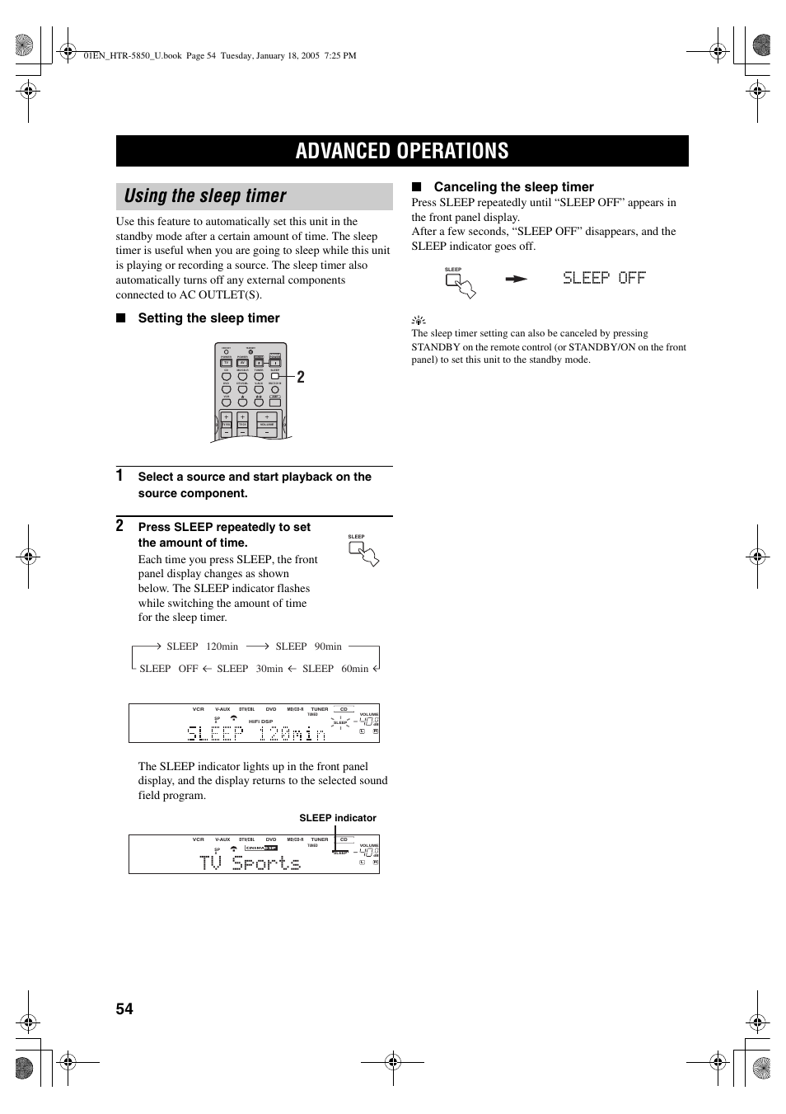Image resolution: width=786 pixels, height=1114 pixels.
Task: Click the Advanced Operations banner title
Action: click(402, 151)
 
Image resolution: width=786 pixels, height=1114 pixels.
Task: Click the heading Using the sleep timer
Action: click(205, 196)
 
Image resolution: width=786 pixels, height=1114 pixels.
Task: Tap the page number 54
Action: click(124, 1009)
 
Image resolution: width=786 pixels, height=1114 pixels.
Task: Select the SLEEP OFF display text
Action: click(604, 278)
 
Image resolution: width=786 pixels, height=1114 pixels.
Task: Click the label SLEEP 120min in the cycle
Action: click(202, 646)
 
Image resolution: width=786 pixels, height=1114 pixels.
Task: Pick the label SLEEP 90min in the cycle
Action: click(308, 646)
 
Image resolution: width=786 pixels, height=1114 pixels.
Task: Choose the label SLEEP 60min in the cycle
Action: click(335, 669)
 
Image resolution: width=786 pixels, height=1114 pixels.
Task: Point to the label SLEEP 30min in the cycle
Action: click(250, 669)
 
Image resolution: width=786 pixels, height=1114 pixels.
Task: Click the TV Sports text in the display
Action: click(250, 863)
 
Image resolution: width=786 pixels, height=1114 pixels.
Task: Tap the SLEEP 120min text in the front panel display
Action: click(255, 732)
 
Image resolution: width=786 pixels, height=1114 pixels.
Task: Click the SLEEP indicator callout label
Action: click(338, 818)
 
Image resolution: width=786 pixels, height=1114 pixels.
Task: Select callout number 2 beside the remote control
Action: click(301, 377)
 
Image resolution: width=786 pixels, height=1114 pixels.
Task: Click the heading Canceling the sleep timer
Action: click(513, 187)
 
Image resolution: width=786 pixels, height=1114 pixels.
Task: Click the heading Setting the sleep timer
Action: click(208, 318)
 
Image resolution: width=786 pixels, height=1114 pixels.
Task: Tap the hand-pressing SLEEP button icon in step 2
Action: click(363, 552)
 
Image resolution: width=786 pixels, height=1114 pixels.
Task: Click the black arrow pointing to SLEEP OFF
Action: click(516, 279)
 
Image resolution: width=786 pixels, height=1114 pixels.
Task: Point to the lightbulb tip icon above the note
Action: click(419, 321)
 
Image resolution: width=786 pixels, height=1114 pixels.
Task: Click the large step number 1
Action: click(120, 475)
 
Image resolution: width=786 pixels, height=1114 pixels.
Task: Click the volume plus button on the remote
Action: click(267, 416)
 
